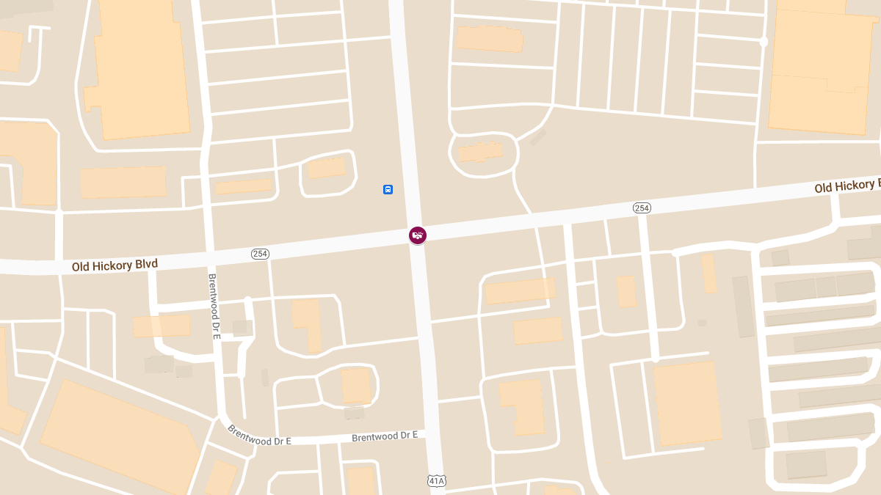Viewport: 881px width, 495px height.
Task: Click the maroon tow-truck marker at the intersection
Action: tap(418, 235)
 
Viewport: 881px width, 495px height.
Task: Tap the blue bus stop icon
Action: tap(388, 190)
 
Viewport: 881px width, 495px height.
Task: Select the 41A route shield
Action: tap(436, 481)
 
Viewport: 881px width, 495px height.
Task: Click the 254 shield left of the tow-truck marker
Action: tap(260, 254)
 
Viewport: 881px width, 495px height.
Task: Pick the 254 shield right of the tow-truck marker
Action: tap(642, 208)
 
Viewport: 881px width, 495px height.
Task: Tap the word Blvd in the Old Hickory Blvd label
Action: tap(146, 263)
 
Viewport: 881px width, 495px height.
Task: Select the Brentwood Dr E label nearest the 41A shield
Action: tap(384, 436)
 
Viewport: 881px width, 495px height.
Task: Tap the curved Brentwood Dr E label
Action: tap(258, 436)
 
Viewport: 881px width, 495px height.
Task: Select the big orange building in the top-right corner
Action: tap(822, 70)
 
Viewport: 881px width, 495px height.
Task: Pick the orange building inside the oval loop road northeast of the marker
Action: tap(480, 153)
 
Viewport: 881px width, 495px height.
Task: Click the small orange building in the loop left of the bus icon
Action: tap(326, 168)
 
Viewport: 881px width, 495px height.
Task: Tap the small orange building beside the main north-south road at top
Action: tap(489, 39)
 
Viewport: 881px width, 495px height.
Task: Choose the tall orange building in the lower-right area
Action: tap(686, 403)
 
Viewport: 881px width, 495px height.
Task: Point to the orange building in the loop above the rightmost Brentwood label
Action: tap(356, 385)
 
